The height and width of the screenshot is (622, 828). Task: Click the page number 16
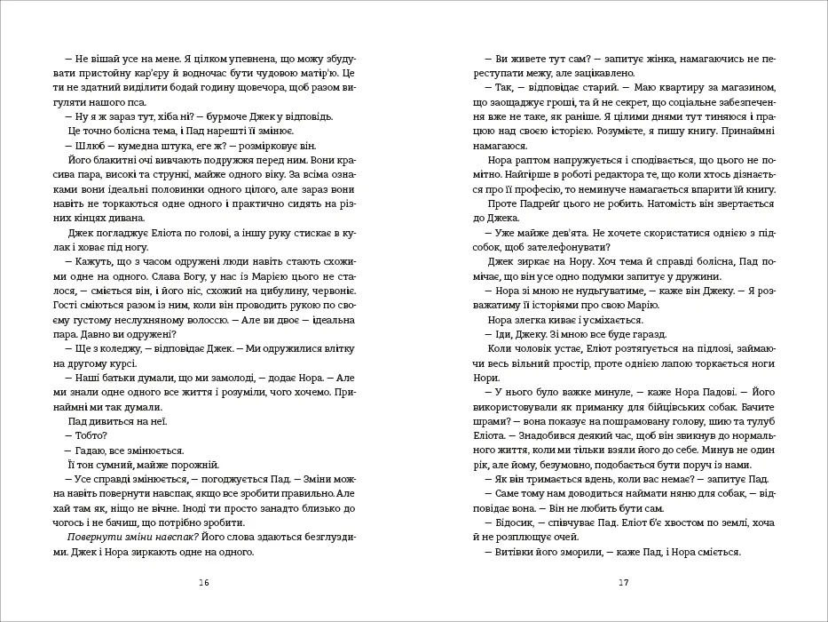click(x=204, y=583)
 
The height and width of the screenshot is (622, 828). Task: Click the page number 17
click(x=623, y=583)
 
